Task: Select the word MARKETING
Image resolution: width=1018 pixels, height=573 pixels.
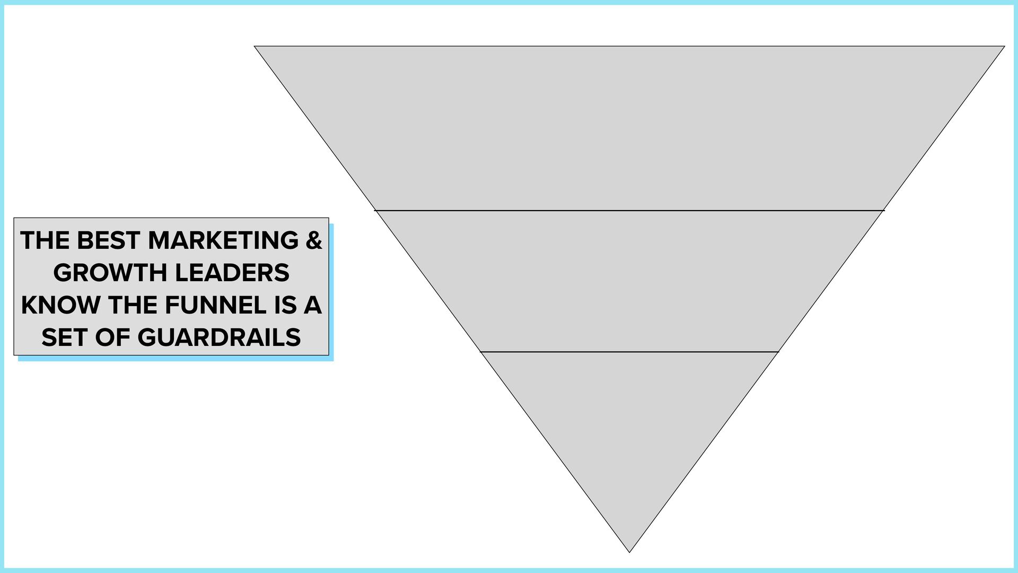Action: pos(223,240)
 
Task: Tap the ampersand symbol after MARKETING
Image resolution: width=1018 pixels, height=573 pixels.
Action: pos(314,240)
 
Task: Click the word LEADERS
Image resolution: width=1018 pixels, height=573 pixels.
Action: pos(232,273)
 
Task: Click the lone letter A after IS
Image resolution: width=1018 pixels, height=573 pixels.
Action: pos(313,305)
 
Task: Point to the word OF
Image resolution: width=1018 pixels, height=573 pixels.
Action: pos(112,337)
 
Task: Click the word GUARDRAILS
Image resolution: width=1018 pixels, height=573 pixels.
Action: pos(219,337)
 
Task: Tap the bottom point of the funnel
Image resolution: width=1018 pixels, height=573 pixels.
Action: pos(629,551)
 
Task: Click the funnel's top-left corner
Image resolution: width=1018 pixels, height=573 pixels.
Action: pos(256,47)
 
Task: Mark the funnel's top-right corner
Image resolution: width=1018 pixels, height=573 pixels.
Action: pos(1003,47)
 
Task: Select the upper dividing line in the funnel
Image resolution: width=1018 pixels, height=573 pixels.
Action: pos(629,211)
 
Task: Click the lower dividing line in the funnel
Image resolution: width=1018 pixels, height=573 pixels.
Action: pos(629,352)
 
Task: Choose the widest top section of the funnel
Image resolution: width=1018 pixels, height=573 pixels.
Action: pos(629,127)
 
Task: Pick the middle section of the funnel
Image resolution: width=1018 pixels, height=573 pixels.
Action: pos(629,281)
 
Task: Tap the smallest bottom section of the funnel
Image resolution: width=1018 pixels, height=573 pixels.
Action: pos(629,424)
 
